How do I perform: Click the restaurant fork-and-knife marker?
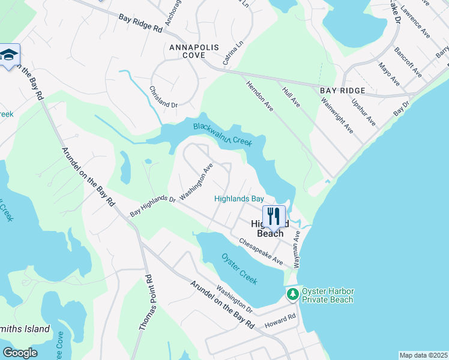click(x=274, y=217)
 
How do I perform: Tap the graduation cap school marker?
click(x=9, y=56)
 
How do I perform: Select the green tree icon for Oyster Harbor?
click(x=292, y=295)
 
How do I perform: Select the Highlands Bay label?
click(x=239, y=199)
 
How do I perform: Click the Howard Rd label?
click(x=283, y=319)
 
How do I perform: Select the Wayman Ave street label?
click(x=296, y=251)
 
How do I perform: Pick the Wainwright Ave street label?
click(x=340, y=117)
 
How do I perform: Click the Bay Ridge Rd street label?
click(x=140, y=23)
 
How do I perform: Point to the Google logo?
click(x=20, y=353)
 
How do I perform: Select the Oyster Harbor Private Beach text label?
click(x=328, y=295)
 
